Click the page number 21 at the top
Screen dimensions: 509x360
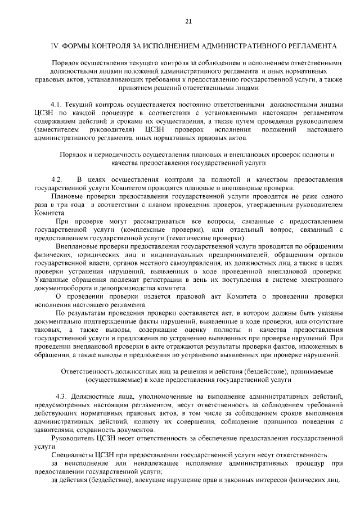[188, 22]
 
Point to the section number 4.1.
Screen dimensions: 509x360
[56, 104]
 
